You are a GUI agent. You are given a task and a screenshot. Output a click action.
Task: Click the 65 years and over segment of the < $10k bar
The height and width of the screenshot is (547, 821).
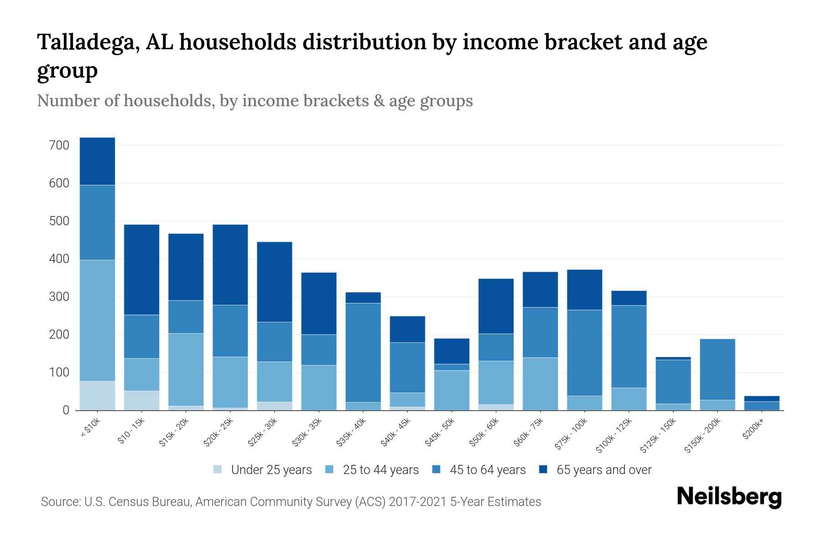coord(97,161)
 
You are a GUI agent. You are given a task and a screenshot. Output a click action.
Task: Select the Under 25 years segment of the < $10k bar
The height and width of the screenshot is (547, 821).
coord(97,395)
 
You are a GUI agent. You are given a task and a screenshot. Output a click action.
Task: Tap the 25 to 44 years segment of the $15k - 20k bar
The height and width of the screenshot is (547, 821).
coord(186,369)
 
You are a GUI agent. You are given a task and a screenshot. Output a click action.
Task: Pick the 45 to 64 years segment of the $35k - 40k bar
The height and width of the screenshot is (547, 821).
coord(363,352)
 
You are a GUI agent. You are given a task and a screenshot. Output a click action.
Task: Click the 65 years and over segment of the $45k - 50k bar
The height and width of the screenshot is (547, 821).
coord(452,351)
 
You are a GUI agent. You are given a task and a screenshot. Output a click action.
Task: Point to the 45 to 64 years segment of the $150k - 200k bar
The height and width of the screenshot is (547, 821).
coord(717,369)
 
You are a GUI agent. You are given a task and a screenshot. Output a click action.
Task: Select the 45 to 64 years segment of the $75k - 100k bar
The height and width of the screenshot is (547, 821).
coord(584,352)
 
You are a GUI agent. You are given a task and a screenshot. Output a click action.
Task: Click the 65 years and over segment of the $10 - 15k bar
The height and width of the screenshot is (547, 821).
coord(142,269)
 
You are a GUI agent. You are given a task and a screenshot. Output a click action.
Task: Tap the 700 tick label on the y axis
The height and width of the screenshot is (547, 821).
coord(59,145)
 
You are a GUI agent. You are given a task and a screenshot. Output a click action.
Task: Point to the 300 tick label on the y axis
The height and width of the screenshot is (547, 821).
coord(59,297)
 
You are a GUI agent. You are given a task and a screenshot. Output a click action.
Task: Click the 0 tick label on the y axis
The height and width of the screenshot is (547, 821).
coord(66,410)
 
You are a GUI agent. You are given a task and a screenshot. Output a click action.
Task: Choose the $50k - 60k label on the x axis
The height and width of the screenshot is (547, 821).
coord(484,433)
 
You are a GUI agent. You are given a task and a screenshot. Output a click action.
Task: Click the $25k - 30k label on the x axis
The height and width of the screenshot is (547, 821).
coord(263,433)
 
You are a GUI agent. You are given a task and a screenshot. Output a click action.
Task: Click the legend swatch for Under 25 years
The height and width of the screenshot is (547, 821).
coord(218,470)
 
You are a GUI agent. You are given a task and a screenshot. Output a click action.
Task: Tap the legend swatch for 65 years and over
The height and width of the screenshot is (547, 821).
coord(544,470)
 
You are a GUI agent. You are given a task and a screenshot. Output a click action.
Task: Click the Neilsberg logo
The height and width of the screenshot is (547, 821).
coord(729,496)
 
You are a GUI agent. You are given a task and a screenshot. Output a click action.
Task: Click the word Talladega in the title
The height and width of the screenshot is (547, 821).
coord(88,42)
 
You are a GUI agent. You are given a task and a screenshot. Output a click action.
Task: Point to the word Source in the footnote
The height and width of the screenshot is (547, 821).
coord(60,502)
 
